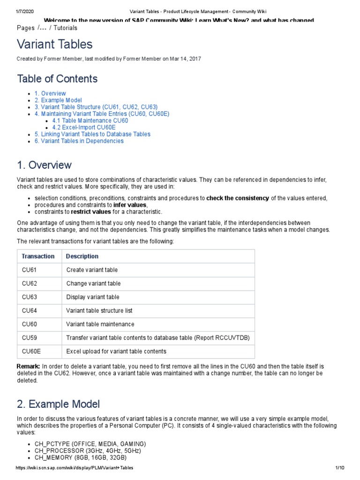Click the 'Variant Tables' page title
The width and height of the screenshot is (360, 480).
(55, 45)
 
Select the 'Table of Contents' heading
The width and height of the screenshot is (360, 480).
(57, 78)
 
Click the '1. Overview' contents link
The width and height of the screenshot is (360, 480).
(50, 93)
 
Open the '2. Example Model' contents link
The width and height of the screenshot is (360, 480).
(58, 100)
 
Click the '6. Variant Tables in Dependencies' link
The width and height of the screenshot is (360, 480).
(79, 141)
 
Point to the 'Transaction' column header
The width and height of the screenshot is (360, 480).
(38, 256)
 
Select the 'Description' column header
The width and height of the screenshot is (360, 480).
(82, 256)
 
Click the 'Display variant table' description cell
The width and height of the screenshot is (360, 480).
(93, 297)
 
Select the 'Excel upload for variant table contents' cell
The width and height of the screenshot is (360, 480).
(116, 351)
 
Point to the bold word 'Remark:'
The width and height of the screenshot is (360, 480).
(29, 366)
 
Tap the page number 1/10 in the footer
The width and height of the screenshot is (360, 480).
(340, 468)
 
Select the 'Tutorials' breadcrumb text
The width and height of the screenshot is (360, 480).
(66, 28)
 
